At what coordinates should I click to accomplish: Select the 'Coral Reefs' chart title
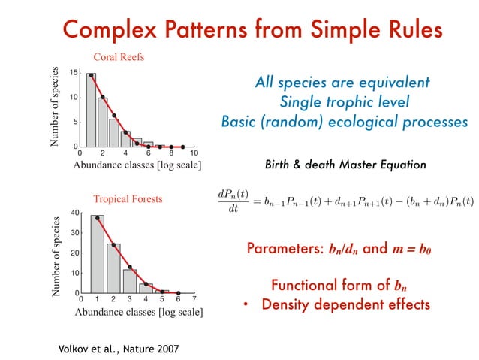tap(119, 56)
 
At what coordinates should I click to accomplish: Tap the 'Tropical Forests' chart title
tap(128, 199)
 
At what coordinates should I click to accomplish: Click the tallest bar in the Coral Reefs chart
tap(91, 110)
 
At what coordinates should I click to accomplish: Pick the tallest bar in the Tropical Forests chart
tap(97, 253)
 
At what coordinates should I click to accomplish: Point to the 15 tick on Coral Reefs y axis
tap(74, 73)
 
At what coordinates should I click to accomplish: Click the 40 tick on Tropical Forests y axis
tap(74, 213)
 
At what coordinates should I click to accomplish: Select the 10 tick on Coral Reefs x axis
tap(194, 153)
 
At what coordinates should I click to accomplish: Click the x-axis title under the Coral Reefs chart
tap(137, 165)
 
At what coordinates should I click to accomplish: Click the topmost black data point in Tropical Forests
tap(97, 219)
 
